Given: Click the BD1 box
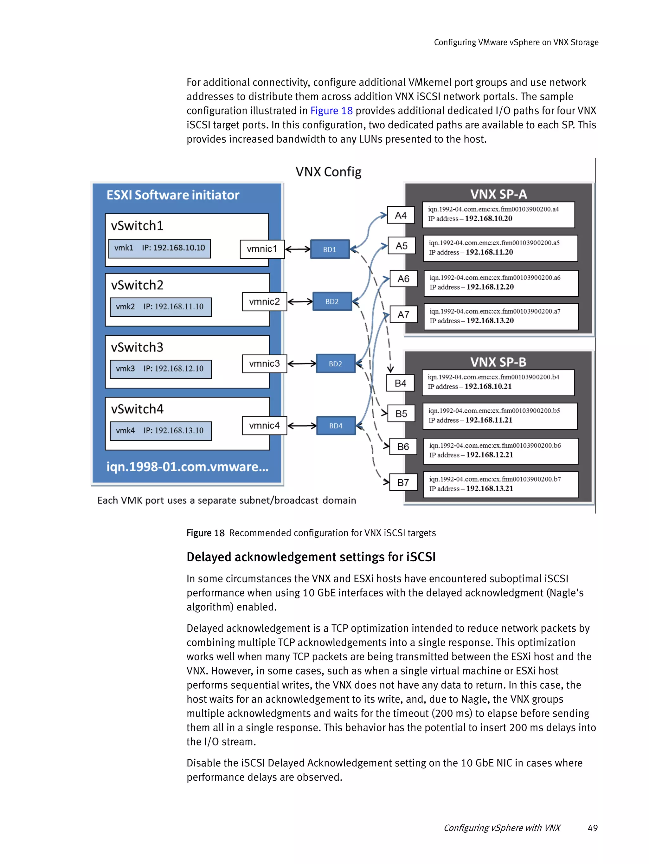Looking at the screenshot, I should pos(330,249).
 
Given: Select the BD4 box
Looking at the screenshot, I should pos(336,426).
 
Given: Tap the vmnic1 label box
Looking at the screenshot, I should pos(262,249).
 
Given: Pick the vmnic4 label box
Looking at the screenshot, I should pos(264,425).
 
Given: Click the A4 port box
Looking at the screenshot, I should pos(400,215).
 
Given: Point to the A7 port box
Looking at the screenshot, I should pos(403,314).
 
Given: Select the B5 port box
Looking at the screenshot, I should pos(401,414).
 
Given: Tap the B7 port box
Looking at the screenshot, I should pos(403,482).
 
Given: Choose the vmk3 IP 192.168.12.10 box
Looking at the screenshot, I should pos(160,369).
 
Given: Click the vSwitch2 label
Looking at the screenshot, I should pos(137,285).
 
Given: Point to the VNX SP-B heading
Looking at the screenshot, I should pos(498,362).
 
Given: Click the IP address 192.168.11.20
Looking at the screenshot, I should pos(489,252).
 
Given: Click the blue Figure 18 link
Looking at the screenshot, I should pos(331,111).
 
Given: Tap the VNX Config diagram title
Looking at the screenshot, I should pos(328,172).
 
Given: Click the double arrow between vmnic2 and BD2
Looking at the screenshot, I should pos(299,301).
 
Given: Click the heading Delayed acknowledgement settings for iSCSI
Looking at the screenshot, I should pos(311,557).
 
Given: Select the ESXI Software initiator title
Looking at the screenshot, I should pos(173,195).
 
